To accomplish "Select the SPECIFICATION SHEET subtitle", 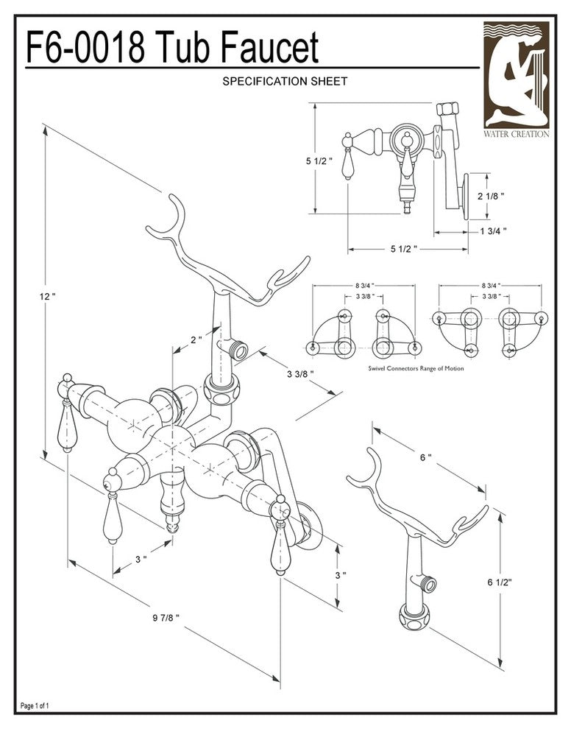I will (285, 82).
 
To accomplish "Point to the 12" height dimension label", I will (48, 296).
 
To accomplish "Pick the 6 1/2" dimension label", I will (500, 582).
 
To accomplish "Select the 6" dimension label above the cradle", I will (425, 457).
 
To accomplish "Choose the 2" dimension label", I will (196, 340).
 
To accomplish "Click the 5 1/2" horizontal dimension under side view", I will (404, 249).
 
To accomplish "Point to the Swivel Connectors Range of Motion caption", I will (416, 367).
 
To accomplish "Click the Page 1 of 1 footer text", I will (35, 706).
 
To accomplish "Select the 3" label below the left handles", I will (141, 560).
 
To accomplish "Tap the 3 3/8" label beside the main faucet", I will (300, 373).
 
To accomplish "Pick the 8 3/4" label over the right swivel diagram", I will (491, 286).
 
